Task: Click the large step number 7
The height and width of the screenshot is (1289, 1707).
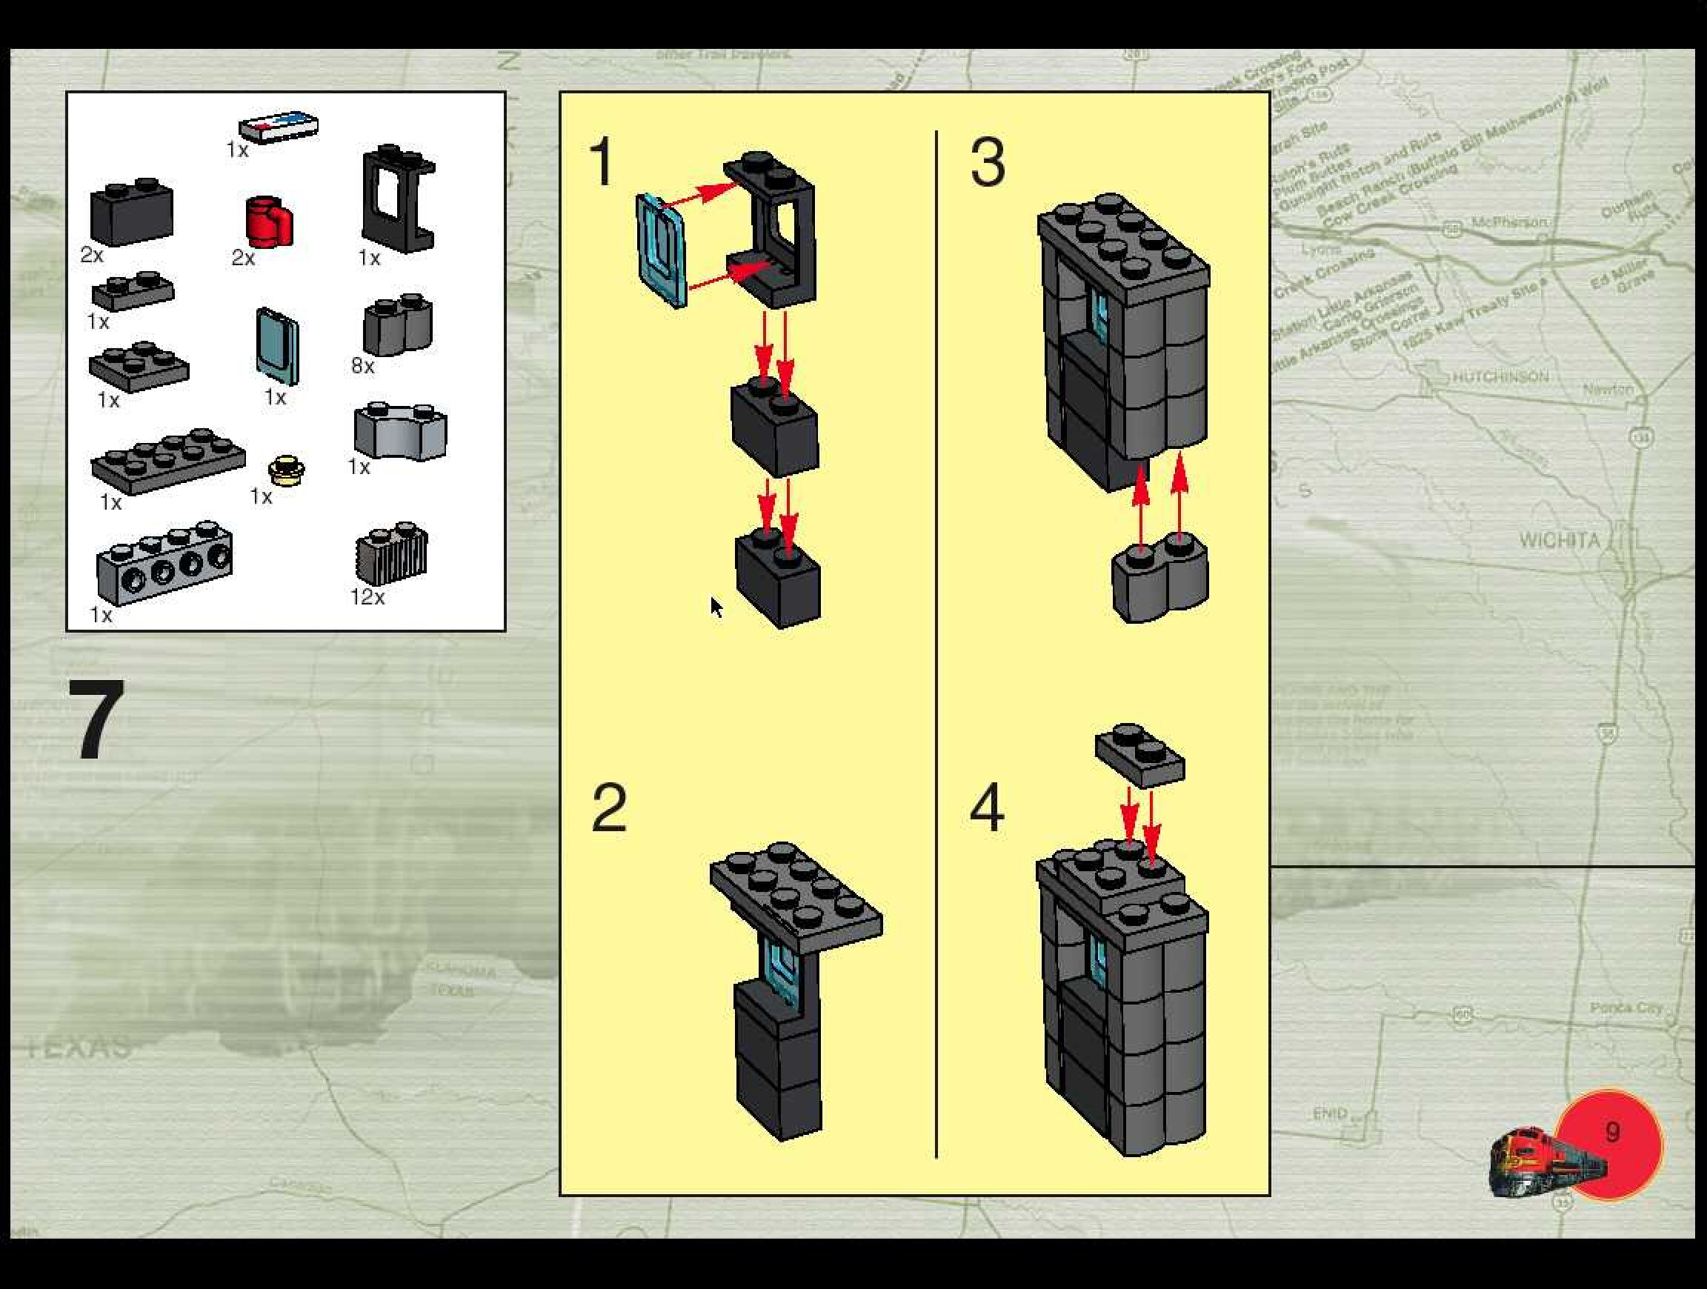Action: tap(96, 719)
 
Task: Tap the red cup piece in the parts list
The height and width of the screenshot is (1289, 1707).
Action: tap(270, 222)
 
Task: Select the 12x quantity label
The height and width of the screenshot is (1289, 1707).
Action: tap(367, 596)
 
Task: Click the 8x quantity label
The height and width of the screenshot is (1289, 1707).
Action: tap(363, 365)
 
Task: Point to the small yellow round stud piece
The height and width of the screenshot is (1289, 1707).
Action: tap(286, 470)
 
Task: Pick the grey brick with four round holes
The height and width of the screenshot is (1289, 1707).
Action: tap(164, 563)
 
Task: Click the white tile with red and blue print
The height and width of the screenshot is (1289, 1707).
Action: tap(278, 127)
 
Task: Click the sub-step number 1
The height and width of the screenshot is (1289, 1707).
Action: tap(601, 161)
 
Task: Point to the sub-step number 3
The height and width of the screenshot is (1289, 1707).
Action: tap(988, 161)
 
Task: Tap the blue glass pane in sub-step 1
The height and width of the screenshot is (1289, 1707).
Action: tap(661, 250)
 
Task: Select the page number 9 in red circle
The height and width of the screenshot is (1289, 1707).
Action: tap(1612, 1133)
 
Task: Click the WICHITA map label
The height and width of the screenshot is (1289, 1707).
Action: tap(1560, 539)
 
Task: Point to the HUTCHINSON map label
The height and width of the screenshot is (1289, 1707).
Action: tap(1500, 376)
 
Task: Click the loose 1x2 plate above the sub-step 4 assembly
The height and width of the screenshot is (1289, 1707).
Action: tap(1139, 755)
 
